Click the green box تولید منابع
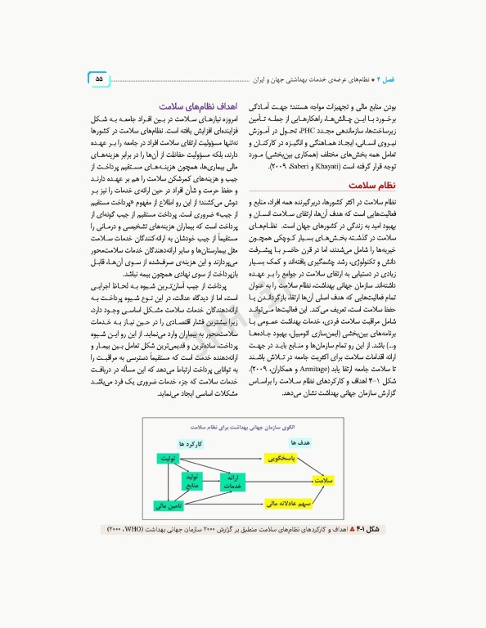tap(192, 480)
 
